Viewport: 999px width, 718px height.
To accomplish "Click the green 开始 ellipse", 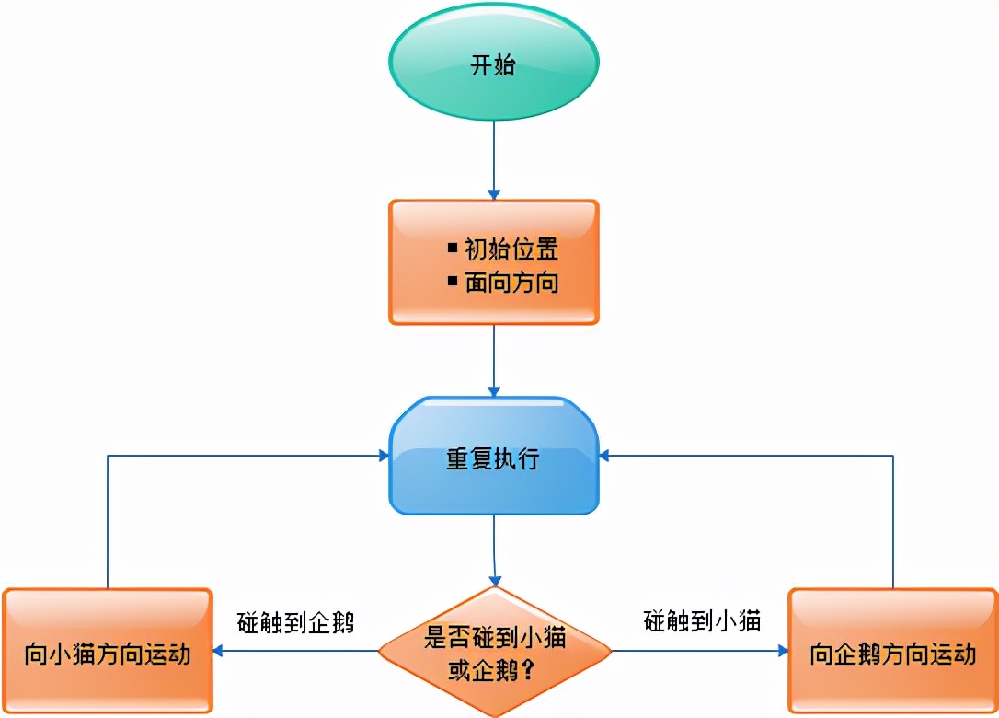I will pos(494,65).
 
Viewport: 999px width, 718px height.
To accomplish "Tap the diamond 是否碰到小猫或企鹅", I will pos(495,651).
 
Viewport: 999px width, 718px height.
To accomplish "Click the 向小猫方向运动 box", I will pos(108,654).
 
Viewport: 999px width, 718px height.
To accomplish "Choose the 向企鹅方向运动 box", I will pos(892,654).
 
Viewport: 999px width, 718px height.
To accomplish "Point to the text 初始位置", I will pos(511,249).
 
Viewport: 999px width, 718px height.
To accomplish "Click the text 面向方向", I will pos(511,283).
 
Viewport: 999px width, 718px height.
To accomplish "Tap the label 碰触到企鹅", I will pos(295,621).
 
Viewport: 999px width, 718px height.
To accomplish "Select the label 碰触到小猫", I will pos(702,621).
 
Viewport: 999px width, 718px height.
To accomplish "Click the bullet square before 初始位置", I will pos(453,248).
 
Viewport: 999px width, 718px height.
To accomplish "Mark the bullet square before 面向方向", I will pos(453,281).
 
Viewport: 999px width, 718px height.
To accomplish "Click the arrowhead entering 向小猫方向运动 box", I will pos(220,652).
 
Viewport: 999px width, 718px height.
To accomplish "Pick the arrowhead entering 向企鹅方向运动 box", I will pos(783,652).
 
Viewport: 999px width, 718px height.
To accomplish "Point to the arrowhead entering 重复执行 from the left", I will pos(384,456).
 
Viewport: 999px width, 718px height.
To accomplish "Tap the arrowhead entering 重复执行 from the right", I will pos(604,456).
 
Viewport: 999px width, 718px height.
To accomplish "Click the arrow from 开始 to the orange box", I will pos(494,161).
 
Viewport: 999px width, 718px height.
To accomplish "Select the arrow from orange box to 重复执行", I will pos(494,359).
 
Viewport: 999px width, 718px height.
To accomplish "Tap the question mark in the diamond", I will pos(529,670).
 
